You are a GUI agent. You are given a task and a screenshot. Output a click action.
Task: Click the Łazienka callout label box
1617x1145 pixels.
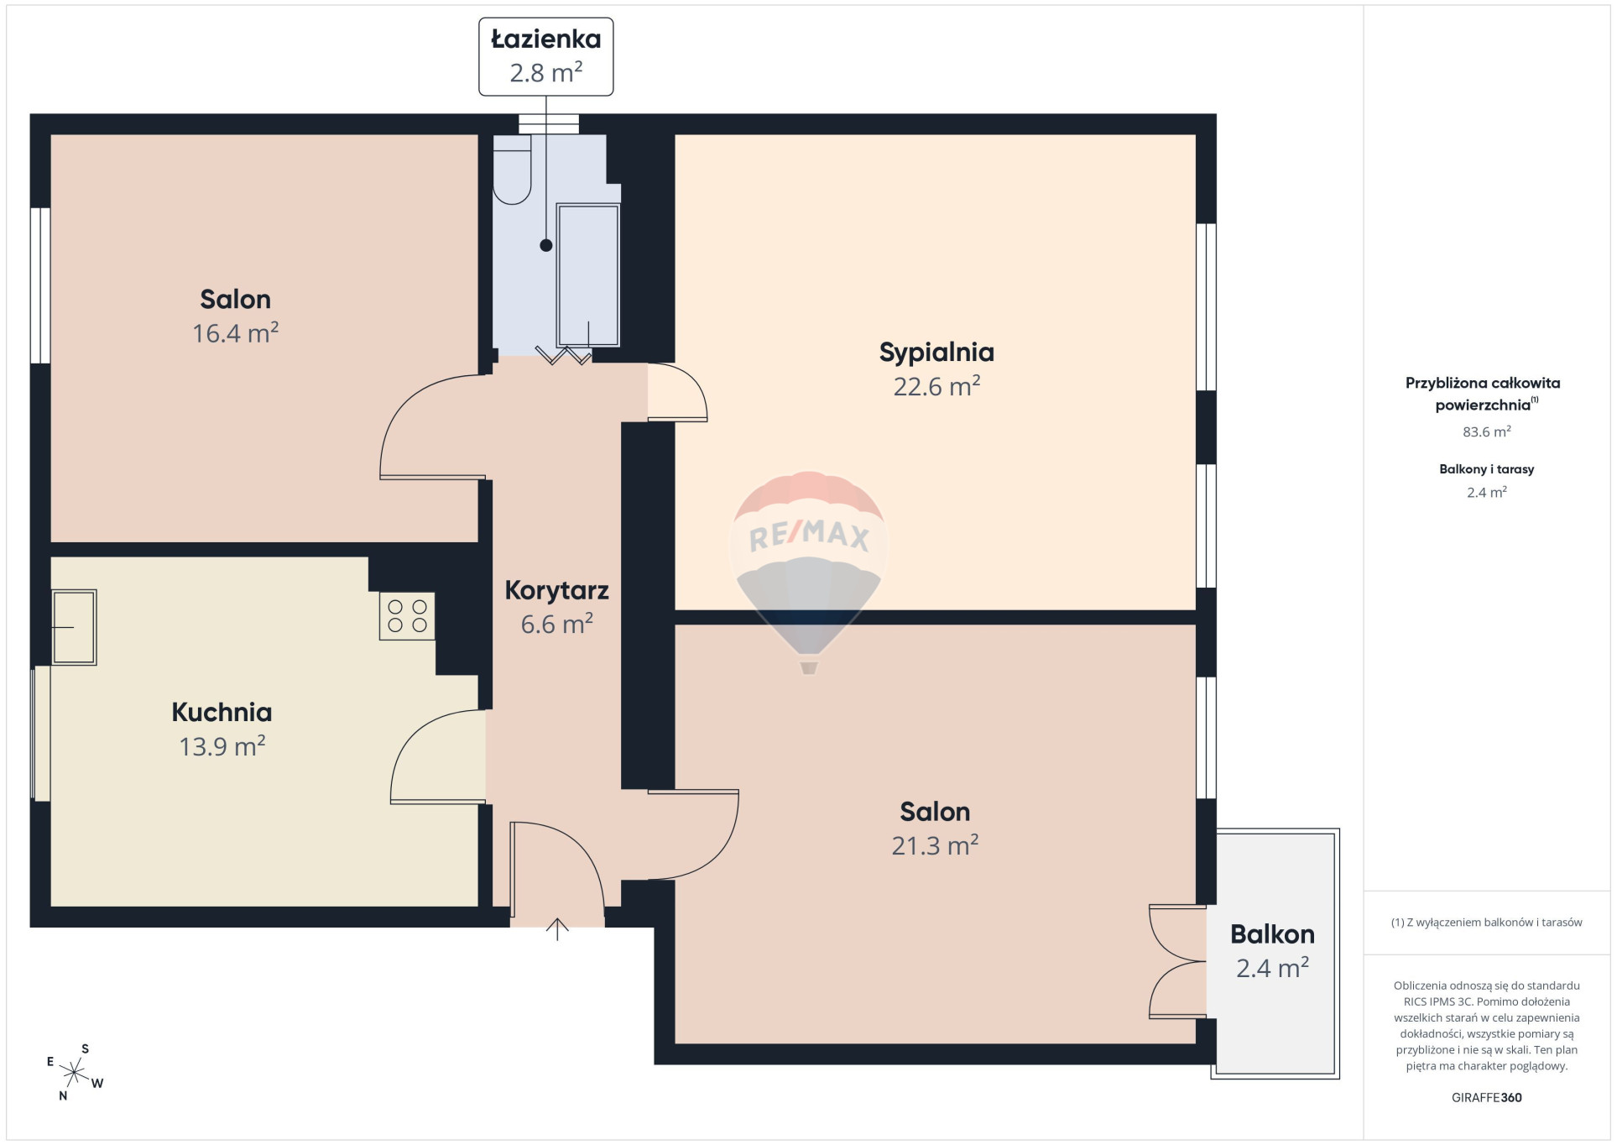(x=545, y=56)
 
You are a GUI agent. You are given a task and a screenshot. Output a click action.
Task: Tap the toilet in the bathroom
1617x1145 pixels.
(x=512, y=170)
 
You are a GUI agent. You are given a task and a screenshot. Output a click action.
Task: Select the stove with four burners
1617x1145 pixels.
(x=407, y=616)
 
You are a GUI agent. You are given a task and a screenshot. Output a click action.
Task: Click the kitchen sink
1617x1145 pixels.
(x=74, y=627)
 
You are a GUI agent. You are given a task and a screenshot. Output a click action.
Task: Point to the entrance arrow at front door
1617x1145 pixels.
(x=557, y=929)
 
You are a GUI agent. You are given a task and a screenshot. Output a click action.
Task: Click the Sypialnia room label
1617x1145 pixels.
(x=936, y=353)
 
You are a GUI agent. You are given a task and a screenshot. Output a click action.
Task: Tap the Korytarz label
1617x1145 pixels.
(x=556, y=590)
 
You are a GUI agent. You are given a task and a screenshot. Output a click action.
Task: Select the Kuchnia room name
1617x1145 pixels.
(x=222, y=712)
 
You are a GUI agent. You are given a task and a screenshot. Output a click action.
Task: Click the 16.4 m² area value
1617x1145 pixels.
(x=235, y=333)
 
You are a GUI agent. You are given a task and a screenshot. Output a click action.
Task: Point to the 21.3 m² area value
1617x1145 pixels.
(x=935, y=845)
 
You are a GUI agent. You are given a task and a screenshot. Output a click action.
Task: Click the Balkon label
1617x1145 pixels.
(x=1272, y=934)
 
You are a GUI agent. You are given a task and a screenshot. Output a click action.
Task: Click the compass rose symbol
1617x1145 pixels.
(x=75, y=1072)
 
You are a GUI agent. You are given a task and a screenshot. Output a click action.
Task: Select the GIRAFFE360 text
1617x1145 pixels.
(x=1486, y=1097)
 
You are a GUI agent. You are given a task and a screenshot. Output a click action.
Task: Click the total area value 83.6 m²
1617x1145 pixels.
(x=1486, y=431)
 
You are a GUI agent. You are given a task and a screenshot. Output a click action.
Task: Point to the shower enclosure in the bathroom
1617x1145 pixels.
(x=588, y=275)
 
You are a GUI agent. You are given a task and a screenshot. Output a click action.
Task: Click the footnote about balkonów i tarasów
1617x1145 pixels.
(x=1486, y=923)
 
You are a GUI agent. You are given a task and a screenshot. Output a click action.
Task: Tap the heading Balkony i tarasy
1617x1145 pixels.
(x=1486, y=469)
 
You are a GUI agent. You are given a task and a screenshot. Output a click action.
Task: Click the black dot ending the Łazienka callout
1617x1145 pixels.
(x=546, y=245)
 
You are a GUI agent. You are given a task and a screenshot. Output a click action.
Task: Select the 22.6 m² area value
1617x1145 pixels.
(x=936, y=386)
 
